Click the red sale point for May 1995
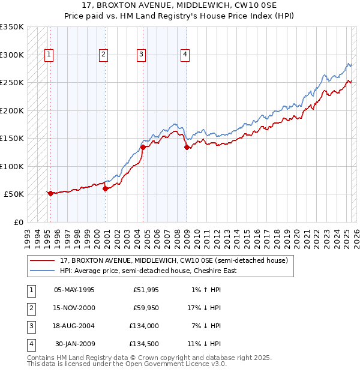[50, 193]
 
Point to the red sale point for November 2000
[106, 188]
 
